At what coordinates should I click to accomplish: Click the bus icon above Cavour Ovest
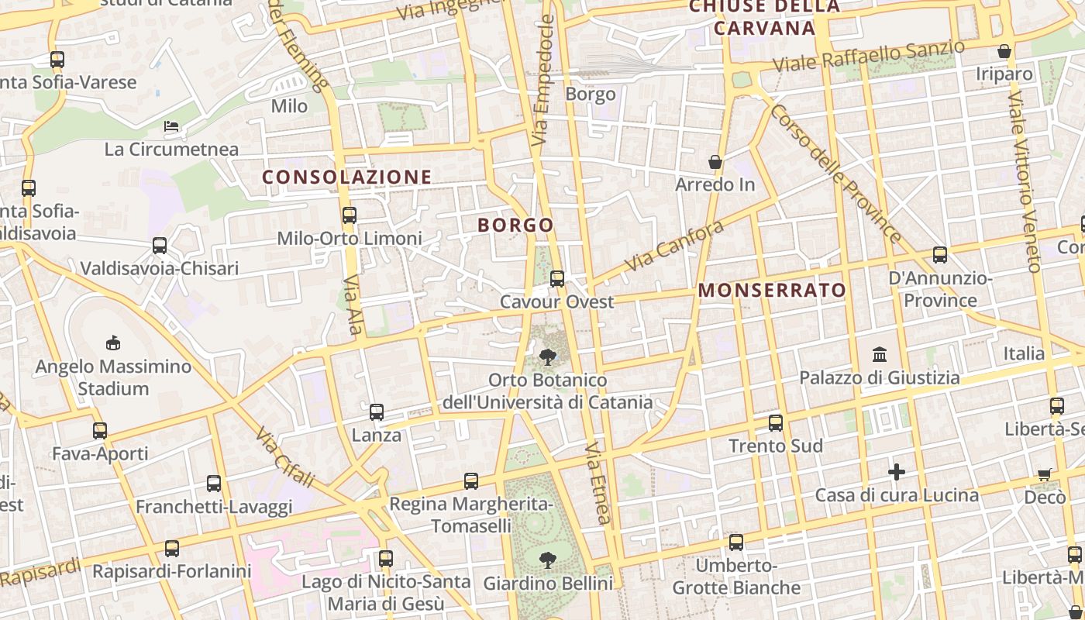tap(557, 279)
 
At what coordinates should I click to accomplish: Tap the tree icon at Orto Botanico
tap(548, 357)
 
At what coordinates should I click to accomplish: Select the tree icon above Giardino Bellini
tap(548, 560)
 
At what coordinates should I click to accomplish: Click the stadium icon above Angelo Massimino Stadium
tap(113, 343)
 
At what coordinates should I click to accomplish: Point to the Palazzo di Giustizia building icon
tap(880, 355)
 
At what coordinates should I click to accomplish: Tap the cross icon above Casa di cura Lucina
tap(897, 471)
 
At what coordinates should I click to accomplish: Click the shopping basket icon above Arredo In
tap(715, 162)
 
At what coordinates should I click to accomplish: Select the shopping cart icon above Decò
tap(1045, 474)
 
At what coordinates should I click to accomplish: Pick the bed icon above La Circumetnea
tap(171, 126)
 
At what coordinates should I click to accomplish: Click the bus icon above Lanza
tap(377, 412)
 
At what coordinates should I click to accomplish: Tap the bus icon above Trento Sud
tap(776, 423)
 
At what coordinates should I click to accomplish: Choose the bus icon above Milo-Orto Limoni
tap(350, 215)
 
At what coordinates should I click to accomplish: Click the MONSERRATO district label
tap(773, 291)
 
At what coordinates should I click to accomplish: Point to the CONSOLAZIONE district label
tap(346, 177)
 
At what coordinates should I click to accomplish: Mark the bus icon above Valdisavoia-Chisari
tap(160, 246)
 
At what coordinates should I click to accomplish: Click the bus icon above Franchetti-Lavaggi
tap(214, 484)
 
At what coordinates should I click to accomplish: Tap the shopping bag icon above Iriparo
tap(1004, 52)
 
